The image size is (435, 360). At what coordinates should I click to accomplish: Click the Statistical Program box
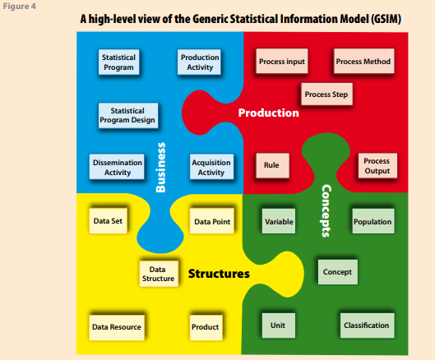click(118, 62)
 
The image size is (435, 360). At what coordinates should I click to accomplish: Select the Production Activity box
click(199, 62)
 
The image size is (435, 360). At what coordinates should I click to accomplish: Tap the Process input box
click(282, 61)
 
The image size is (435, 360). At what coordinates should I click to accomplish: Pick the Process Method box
click(364, 61)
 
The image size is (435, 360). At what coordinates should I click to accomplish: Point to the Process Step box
click(326, 95)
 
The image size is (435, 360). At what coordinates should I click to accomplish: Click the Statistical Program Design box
click(128, 115)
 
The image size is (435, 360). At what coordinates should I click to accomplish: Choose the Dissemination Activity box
click(117, 167)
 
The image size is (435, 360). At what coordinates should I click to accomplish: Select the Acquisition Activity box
click(211, 167)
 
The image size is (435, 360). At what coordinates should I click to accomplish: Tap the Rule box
click(272, 165)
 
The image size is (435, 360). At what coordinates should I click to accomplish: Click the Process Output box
click(377, 165)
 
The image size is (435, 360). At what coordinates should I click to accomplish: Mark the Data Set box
click(109, 221)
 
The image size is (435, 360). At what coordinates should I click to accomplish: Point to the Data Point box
click(212, 221)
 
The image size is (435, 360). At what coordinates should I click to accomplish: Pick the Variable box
click(279, 221)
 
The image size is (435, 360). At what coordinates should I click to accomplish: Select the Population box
click(373, 221)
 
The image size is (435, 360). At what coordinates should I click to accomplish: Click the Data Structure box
click(159, 274)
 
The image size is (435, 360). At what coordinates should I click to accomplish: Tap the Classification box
click(368, 325)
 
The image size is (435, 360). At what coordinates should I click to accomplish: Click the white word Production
click(269, 113)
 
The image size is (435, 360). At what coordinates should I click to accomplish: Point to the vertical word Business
click(160, 167)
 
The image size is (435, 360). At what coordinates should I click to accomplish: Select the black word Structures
click(219, 274)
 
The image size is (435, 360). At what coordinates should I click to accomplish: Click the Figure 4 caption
click(20, 6)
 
